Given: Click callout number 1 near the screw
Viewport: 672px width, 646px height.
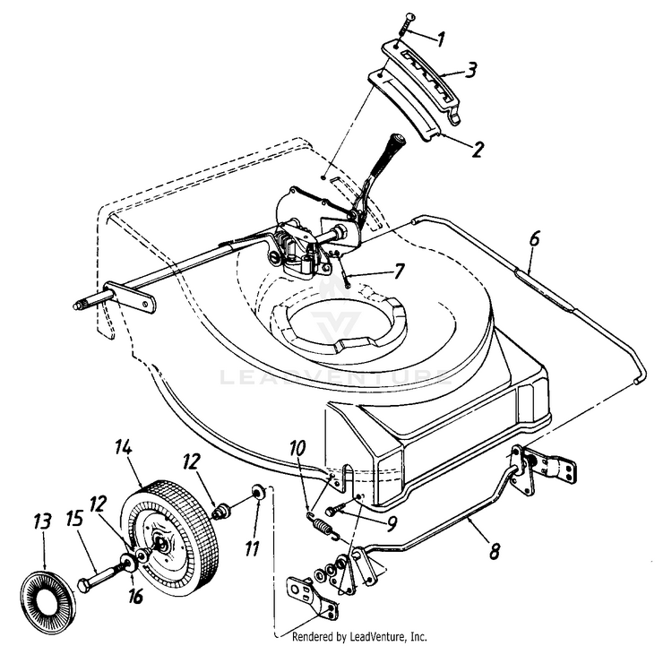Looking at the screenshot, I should pos(440,39).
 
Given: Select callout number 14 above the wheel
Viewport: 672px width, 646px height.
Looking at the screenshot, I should pos(123,446).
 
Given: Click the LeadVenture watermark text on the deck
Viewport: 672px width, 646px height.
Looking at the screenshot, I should pos(336,377).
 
